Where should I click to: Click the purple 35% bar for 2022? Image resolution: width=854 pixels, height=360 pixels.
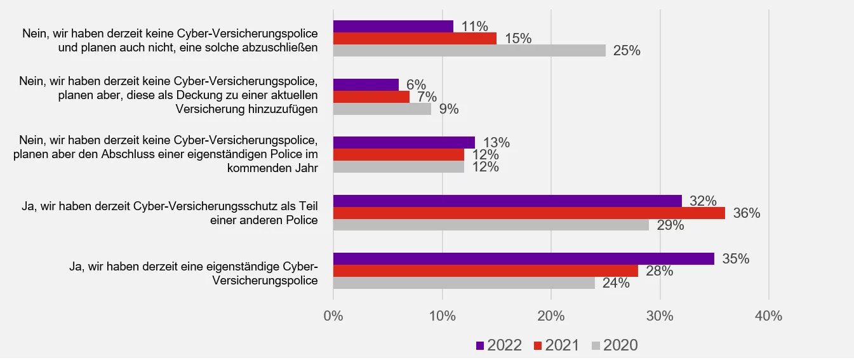pos(523,258)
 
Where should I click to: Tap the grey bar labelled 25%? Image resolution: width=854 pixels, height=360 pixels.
pos(469,50)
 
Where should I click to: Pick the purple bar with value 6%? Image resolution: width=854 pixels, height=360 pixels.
pos(366,84)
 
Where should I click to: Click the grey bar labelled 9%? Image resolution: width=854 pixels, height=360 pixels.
pos(382,109)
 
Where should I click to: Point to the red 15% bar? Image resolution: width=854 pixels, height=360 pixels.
pos(415,38)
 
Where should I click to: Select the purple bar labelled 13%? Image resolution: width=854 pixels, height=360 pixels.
pos(404,142)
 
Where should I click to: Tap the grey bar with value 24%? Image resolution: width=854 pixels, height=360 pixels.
pos(464,283)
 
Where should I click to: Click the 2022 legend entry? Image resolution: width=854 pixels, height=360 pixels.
pos(499,345)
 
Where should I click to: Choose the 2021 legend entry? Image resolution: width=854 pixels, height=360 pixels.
pos(556,345)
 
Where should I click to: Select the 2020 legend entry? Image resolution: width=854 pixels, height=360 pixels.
pos(614,345)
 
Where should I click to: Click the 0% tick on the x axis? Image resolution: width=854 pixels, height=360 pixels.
pos(333,316)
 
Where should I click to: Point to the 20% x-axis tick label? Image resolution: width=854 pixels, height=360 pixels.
pos(551,316)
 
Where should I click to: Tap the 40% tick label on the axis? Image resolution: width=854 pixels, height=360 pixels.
pos(768,316)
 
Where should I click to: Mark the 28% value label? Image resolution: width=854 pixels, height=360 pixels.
pos(659,271)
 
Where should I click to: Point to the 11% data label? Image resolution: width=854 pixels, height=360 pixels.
pos(474,27)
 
